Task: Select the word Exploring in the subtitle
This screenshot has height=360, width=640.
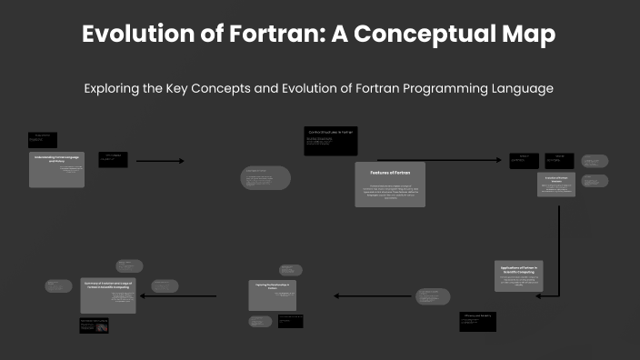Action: click(115, 89)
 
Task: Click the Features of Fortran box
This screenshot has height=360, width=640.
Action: click(389, 185)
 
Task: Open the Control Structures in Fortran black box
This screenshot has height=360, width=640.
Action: click(330, 141)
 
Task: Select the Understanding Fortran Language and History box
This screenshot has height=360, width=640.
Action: click(56, 170)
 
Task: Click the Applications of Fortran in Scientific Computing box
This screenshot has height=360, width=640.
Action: click(519, 275)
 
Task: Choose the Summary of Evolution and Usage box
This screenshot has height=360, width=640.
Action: click(108, 295)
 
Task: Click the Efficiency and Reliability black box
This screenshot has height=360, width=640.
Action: click(477, 321)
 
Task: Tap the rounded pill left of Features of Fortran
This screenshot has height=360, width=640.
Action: click(265, 178)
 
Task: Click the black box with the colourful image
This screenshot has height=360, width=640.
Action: click(95, 326)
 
